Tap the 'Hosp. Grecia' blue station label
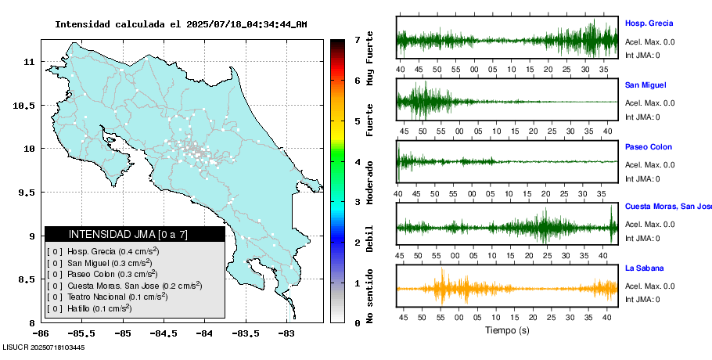click(649, 23)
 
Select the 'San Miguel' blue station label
click(645, 85)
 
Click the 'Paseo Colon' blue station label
click(648, 147)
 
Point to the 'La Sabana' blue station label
click(643, 268)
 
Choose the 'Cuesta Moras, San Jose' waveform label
click(667, 207)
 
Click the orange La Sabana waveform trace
click(507, 289)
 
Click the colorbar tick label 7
click(357, 40)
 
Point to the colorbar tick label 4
click(357, 162)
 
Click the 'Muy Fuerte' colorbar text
click(369, 59)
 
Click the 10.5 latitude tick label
click(25, 106)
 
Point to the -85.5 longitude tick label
click(77, 333)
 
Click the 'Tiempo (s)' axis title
click(506, 330)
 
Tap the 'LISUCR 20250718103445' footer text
click(43, 347)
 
